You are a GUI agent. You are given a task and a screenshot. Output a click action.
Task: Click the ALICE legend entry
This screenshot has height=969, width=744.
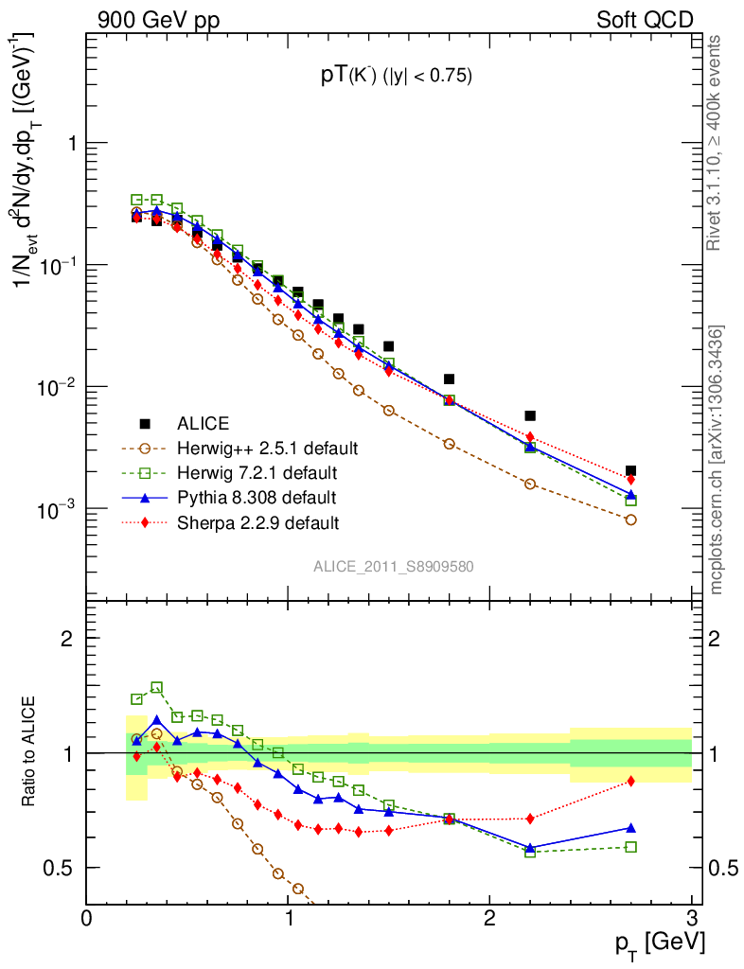point(204,423)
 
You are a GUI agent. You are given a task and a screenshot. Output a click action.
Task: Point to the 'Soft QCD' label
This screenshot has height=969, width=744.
point(645,20)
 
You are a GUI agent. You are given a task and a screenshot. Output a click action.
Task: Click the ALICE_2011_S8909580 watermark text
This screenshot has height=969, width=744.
point(394,567)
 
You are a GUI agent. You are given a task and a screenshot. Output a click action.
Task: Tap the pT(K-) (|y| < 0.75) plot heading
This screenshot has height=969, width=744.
point(396,77)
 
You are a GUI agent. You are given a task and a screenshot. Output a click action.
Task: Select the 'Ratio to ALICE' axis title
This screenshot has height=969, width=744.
point(29,751)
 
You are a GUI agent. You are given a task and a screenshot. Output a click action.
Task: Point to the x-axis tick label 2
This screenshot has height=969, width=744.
point(489,919)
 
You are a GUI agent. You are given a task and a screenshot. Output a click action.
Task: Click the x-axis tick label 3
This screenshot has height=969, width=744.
point(691,919)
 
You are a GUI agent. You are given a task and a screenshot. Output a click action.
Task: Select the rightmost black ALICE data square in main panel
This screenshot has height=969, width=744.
point(630,470)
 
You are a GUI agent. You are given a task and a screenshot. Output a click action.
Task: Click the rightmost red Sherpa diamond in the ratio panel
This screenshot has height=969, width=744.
point(630,781)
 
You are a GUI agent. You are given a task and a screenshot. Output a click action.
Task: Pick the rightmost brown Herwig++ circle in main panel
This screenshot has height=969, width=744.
point(630,520)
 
